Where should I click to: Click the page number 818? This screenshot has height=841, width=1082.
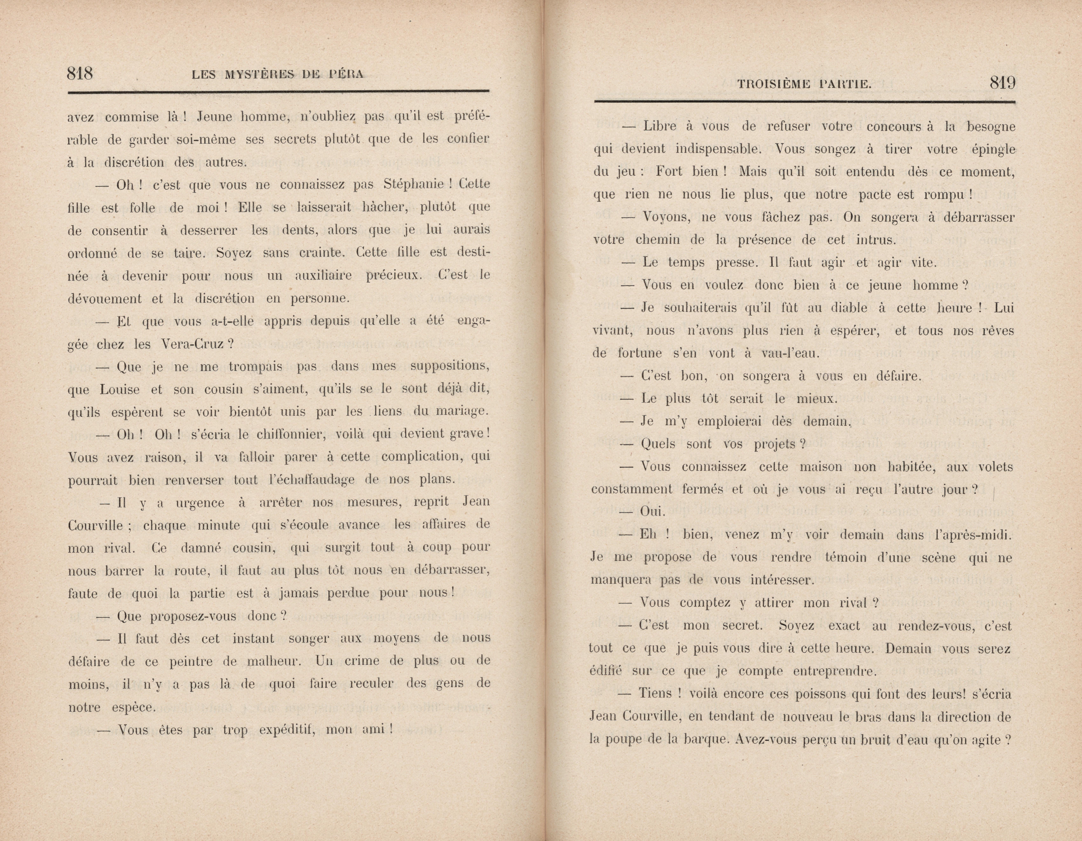80,74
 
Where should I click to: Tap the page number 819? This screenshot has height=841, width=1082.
1002,83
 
